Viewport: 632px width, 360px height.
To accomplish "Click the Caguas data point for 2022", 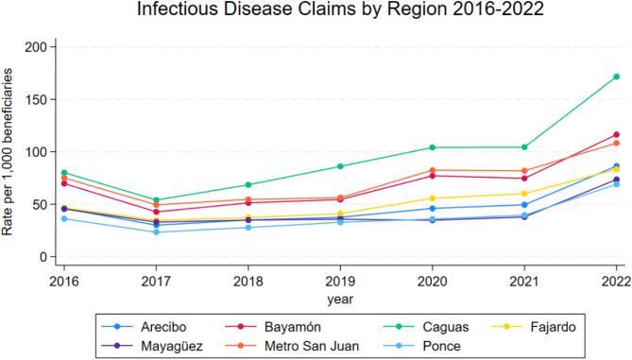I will (616, 77).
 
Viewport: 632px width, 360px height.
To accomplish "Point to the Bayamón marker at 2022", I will (616, 135).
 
